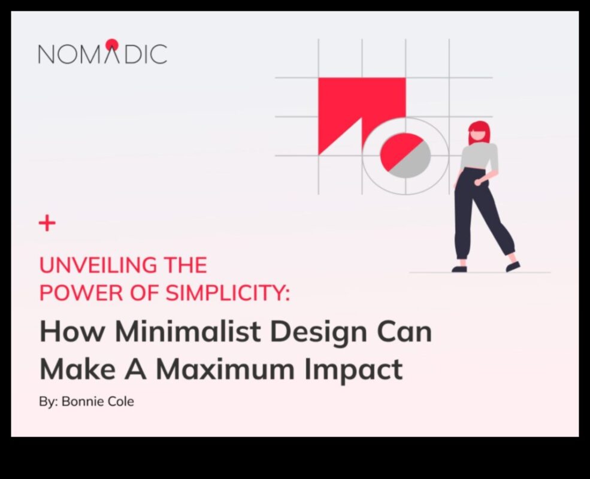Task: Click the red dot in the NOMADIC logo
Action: (112, 44)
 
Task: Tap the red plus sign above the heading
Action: (47, 224)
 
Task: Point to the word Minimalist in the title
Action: (178, 332)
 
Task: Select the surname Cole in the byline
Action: (120, 401)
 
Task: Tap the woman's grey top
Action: (479, 157)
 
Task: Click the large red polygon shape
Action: (353, 102)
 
